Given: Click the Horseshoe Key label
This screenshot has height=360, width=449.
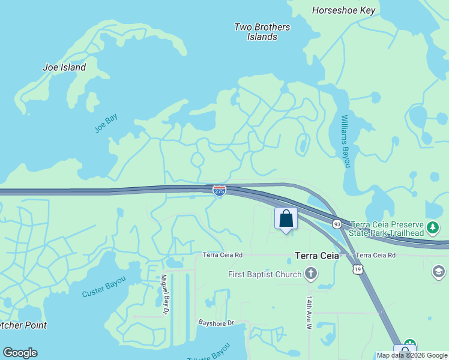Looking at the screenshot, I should coord(344,10).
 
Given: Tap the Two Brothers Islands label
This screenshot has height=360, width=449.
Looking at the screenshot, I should coord(262,32).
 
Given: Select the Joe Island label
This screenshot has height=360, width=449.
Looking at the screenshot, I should coord(64,67).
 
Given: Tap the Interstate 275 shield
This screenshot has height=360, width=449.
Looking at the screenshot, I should coord(219,191).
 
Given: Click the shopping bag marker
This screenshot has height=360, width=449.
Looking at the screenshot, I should coord(286,218).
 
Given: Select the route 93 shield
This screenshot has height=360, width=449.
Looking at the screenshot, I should coord(337,224).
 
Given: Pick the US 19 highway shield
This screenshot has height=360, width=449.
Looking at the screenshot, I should coord(358,271).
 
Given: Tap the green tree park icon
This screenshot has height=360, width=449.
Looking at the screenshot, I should coord(433,228).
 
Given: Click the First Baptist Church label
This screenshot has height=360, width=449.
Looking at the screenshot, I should coord(265,275).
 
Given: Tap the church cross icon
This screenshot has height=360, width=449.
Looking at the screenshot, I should coord(310,275).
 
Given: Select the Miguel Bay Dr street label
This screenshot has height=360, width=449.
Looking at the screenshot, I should coord(164,295).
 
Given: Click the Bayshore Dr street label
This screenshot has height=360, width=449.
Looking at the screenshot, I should coord(216,323).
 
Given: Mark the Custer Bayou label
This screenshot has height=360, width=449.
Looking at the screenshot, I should coord(104,286).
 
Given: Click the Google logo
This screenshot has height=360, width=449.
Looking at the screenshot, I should coord(20,353).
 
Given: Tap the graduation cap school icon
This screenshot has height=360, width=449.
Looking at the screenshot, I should coord(439,272).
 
